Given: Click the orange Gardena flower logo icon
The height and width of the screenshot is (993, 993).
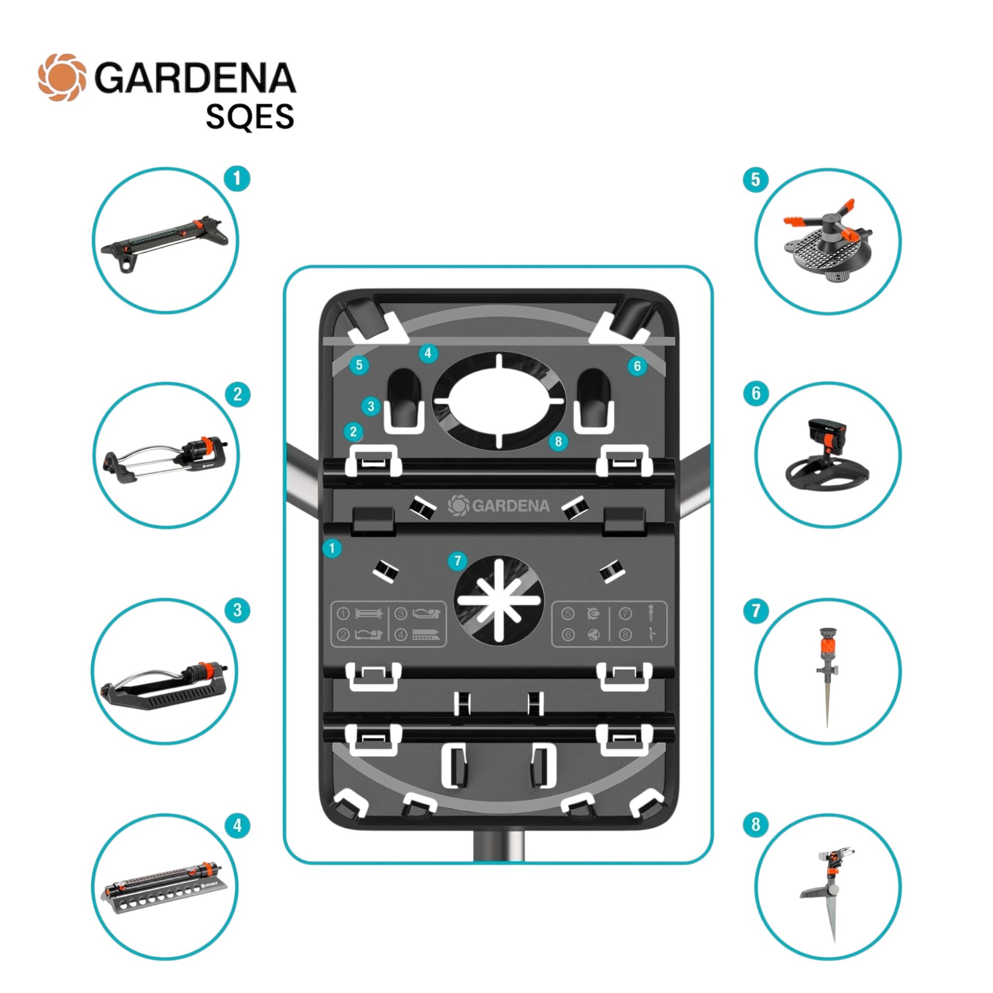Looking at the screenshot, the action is click(x=62, y=77).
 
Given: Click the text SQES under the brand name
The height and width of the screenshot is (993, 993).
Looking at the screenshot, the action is click(x=250, y=117).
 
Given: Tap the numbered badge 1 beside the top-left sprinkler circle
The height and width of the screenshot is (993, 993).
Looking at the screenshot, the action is click(x=237, y=179).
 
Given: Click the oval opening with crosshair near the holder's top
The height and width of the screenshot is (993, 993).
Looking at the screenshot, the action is click(x=499, y=401).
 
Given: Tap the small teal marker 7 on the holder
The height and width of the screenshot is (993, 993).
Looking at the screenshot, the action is click(x=457, y=561).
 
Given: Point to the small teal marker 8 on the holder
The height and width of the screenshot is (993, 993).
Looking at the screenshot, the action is click(x=558, y=441).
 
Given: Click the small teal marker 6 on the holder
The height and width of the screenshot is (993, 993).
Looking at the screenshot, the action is click(x=637, y=366).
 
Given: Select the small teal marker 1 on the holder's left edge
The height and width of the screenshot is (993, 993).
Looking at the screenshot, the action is click(x=332, y=549).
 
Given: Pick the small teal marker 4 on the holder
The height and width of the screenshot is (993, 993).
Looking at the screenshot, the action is click(x=428, y=354).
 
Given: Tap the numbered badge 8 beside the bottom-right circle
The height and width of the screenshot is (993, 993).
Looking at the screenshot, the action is click(x=756, y=825).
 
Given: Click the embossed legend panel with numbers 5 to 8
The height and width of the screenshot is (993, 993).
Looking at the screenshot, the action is click(x=609, y=624).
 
